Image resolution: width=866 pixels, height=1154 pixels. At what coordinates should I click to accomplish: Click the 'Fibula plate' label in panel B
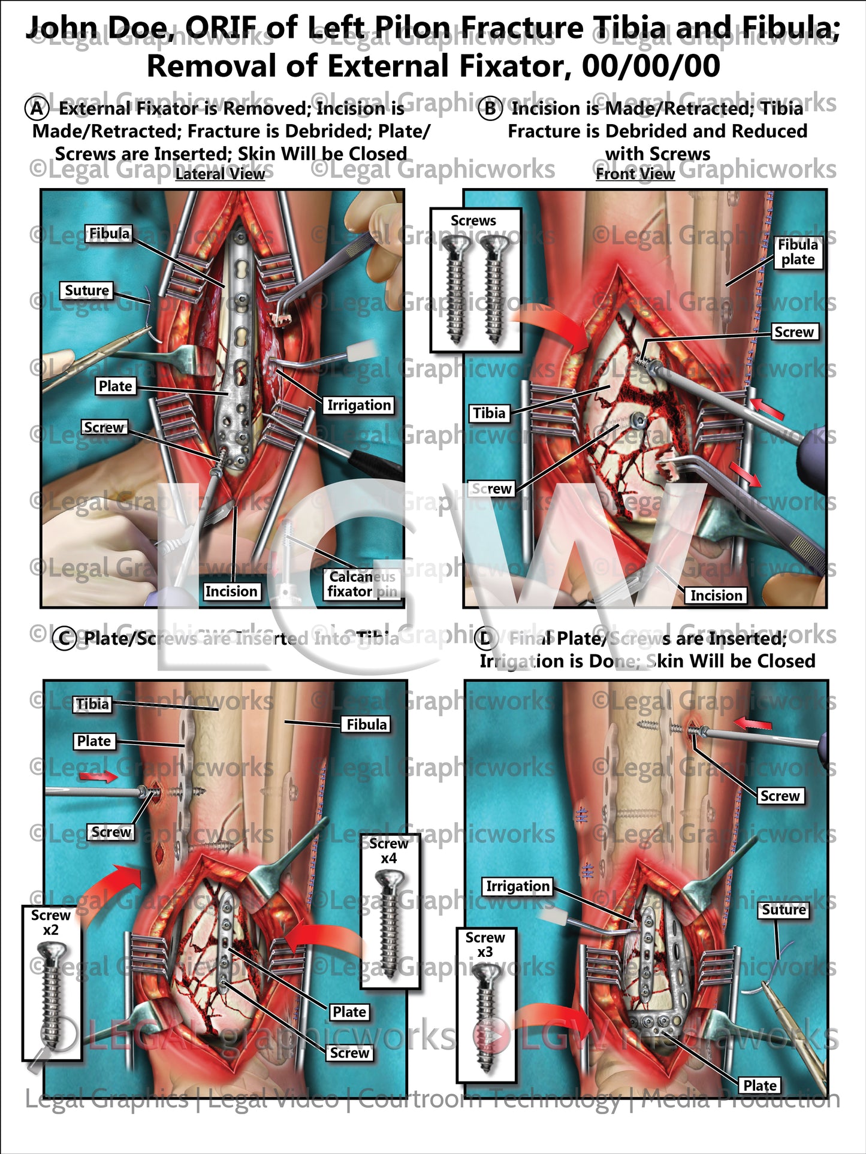797,252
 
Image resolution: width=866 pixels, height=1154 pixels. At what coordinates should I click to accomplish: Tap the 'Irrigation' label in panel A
358,406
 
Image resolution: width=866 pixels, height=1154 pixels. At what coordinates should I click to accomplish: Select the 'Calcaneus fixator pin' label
362,584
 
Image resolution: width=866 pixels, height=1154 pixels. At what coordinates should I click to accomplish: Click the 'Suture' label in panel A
87,291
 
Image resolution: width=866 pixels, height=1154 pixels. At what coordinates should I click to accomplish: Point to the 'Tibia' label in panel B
489,413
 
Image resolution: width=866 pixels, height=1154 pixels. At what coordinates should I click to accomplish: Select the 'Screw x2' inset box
52,983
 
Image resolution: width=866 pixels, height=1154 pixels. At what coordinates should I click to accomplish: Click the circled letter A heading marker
36,108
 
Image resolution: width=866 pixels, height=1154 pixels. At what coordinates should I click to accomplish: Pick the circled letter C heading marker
65,639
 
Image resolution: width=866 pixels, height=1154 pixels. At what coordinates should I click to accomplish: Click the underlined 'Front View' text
635,174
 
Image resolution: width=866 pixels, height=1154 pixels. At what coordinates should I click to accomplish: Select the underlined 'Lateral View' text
220,174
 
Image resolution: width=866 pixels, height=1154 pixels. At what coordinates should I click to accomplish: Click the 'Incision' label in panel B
716,596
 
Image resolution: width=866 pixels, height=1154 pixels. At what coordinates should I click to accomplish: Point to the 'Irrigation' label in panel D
518,886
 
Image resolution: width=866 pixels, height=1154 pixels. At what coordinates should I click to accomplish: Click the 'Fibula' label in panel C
366,724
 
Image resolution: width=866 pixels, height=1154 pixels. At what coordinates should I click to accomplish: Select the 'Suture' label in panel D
783,910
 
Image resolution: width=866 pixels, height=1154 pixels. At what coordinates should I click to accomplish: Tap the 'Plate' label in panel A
115,386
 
